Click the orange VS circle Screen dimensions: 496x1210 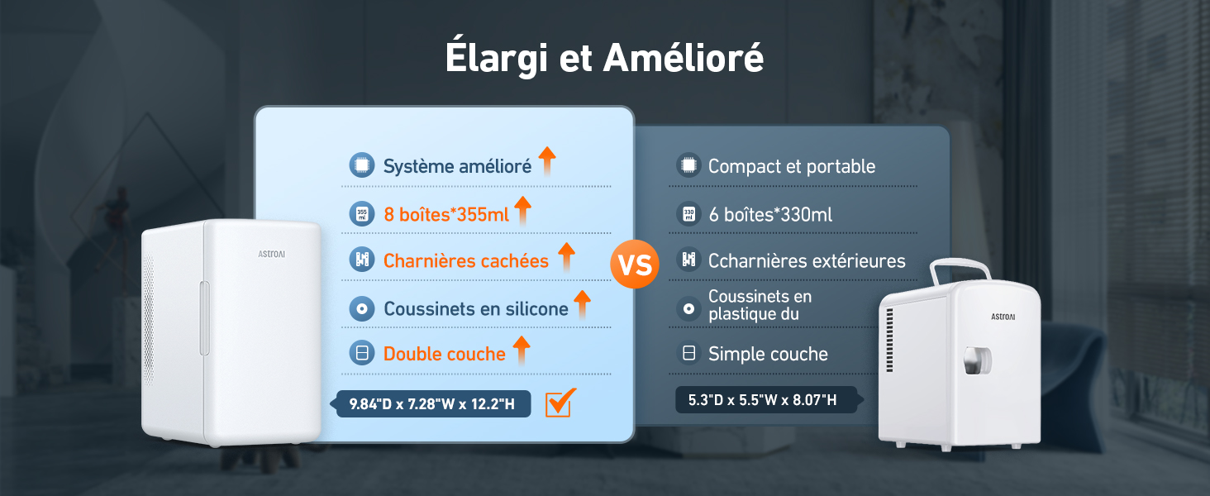click(634, 265)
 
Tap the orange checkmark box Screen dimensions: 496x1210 click(560, 403)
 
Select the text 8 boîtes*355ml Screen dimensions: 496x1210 click(446, 214)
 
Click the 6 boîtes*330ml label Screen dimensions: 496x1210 click(769, 214)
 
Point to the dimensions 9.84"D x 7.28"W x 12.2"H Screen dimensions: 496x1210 click(431, 403)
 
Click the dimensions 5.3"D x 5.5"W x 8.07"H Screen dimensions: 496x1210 click(762, 400)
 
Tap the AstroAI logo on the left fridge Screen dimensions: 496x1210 click(270, 255)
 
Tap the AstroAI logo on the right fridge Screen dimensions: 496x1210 click(1003, 316)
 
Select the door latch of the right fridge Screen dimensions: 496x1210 click(977, 360)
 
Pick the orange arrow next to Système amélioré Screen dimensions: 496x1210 click(545, 162)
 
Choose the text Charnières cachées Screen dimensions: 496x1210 click(465, 260)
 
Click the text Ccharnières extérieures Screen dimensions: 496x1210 click(807, 260)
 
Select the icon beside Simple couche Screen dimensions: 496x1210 click(688, 354)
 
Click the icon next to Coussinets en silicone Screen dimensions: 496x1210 click(361, 308)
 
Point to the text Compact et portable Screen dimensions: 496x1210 click(791, 166)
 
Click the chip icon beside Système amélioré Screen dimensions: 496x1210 click(361, 165)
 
